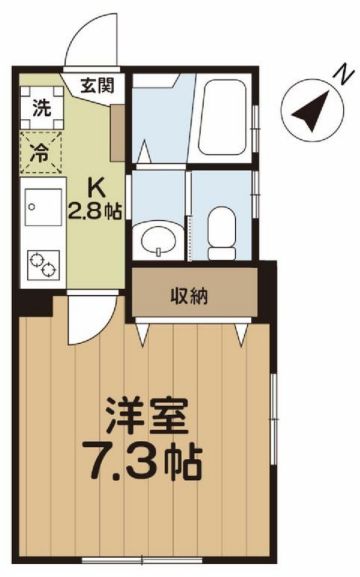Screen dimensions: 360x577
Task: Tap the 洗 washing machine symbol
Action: point(41,107)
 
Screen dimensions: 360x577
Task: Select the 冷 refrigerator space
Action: point(41,152)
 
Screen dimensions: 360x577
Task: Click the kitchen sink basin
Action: point(43,207)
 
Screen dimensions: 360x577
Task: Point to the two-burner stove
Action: point(43,265)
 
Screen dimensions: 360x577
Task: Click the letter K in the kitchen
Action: point(95,191)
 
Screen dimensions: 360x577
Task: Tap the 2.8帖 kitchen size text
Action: point(95,211)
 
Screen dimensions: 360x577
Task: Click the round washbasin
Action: point(159,240)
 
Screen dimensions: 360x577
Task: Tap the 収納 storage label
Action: point(189,296)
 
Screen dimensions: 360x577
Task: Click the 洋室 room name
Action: point(147,415)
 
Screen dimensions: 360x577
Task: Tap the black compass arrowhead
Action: point(312,111)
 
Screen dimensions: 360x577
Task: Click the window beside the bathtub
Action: point(256,118)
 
